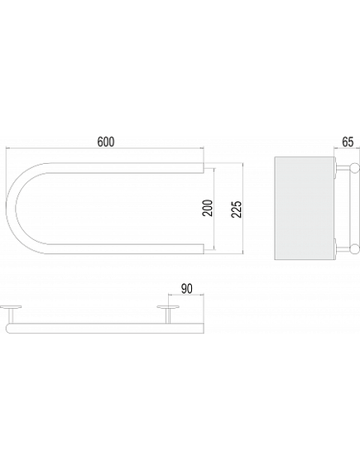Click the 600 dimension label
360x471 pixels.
pos(106,142)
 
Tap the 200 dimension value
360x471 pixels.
pos(208,208)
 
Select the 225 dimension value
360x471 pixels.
pos(237,209)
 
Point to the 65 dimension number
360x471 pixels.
pos(348,142)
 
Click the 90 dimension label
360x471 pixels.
pos(186,289)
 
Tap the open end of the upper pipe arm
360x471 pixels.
pos(204,168)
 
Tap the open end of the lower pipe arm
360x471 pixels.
pos(204,248)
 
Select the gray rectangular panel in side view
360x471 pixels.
pos(305,208)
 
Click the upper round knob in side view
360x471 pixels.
pos(355,168)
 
